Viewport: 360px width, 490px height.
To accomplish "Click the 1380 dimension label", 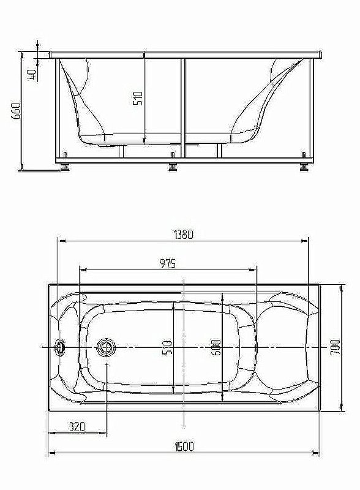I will (x=182, y=233).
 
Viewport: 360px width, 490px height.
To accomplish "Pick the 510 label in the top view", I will (x=167, y=347).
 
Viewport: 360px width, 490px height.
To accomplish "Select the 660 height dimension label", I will (x=17, y=111).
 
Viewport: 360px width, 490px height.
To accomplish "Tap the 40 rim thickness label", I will (x=33, y=74).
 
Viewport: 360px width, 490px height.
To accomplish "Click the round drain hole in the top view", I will (x=107, y=347).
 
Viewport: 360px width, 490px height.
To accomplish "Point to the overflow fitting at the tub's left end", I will (x=61, y=347).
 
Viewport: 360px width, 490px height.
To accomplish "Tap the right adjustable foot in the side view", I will (x=304, y=165).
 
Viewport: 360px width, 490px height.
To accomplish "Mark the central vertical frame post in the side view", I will (x=182, y=104).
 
